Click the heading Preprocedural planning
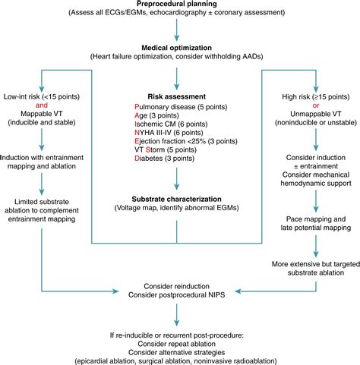point(176,5)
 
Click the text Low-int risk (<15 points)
point(43,96)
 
